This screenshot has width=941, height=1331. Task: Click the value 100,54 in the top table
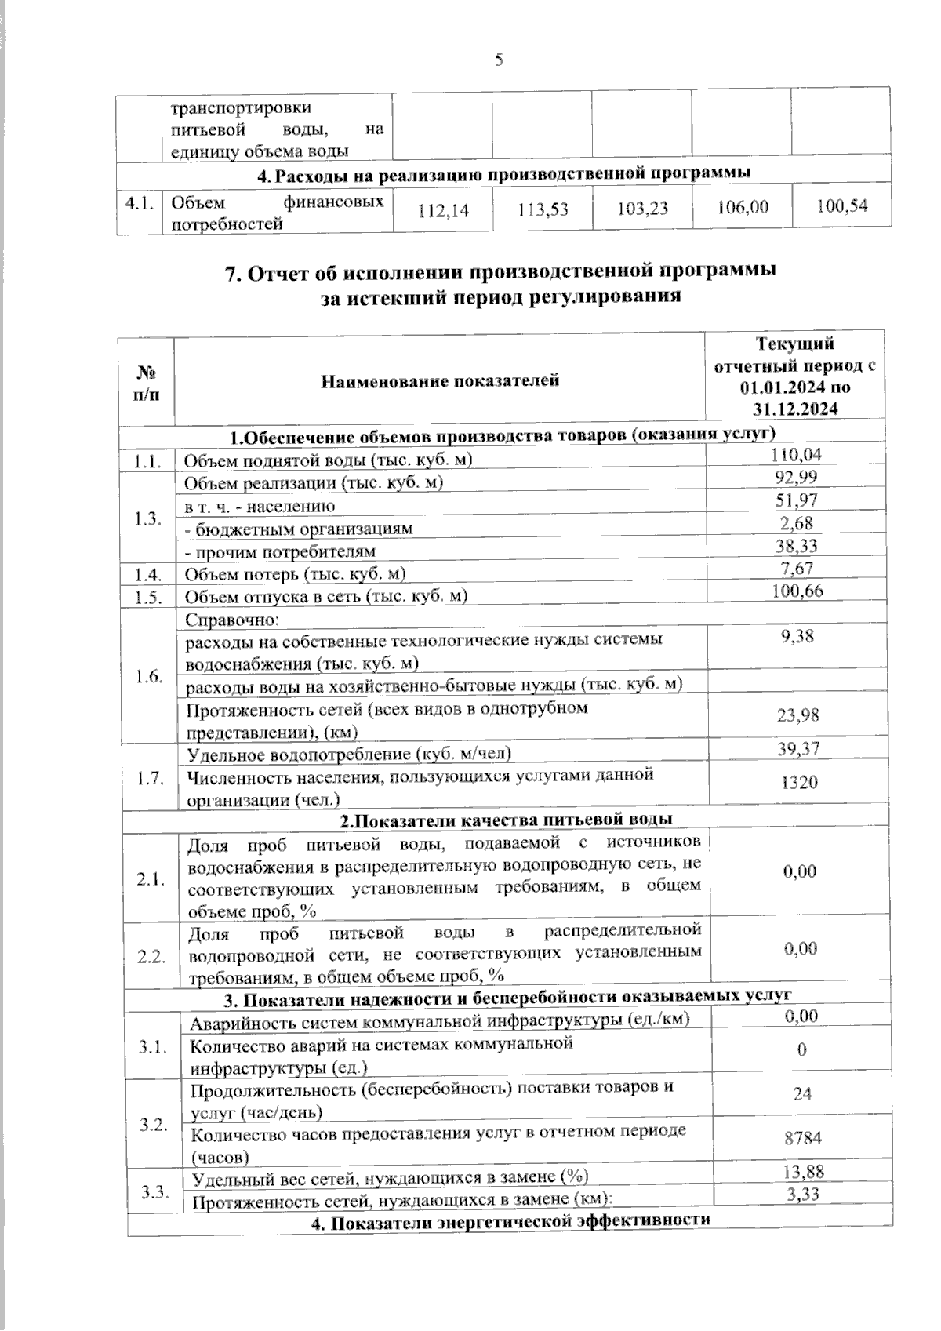(842, 207)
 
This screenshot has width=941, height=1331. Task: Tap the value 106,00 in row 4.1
(743, 208)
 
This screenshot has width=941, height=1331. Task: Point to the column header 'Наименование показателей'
(440, 382)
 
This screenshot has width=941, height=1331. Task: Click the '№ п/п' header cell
(146, 382)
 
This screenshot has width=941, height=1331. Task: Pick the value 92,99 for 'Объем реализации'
(798, 477)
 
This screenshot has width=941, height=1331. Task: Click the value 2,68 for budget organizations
(797, 522)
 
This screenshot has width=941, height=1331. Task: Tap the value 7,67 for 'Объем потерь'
(797, 568)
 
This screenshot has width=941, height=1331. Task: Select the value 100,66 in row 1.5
(797, 591)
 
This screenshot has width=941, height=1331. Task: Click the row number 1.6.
(149, 676)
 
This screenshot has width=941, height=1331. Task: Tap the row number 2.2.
(151, 957)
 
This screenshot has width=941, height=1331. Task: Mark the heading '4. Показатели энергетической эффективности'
(510, 1220)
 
